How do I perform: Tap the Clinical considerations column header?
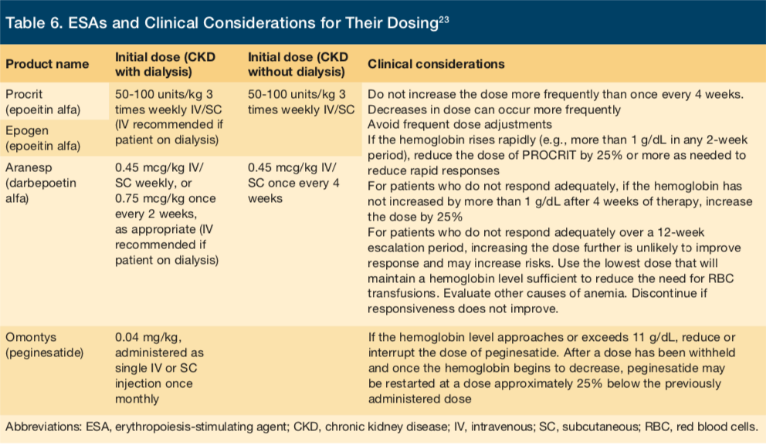click(x=436, y=64)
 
